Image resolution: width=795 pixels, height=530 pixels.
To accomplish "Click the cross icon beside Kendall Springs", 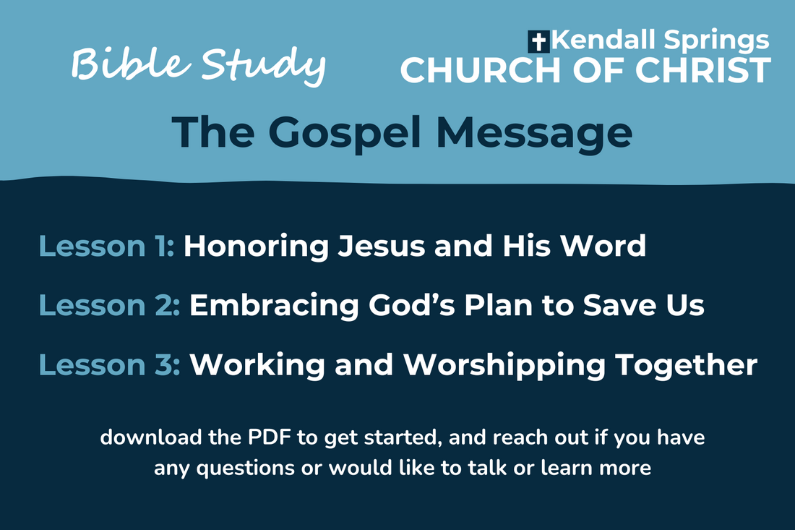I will pyautogui.click(x=539, y=41).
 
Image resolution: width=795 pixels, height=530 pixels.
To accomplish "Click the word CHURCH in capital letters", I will pyautogui.click(x=476, y=70).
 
